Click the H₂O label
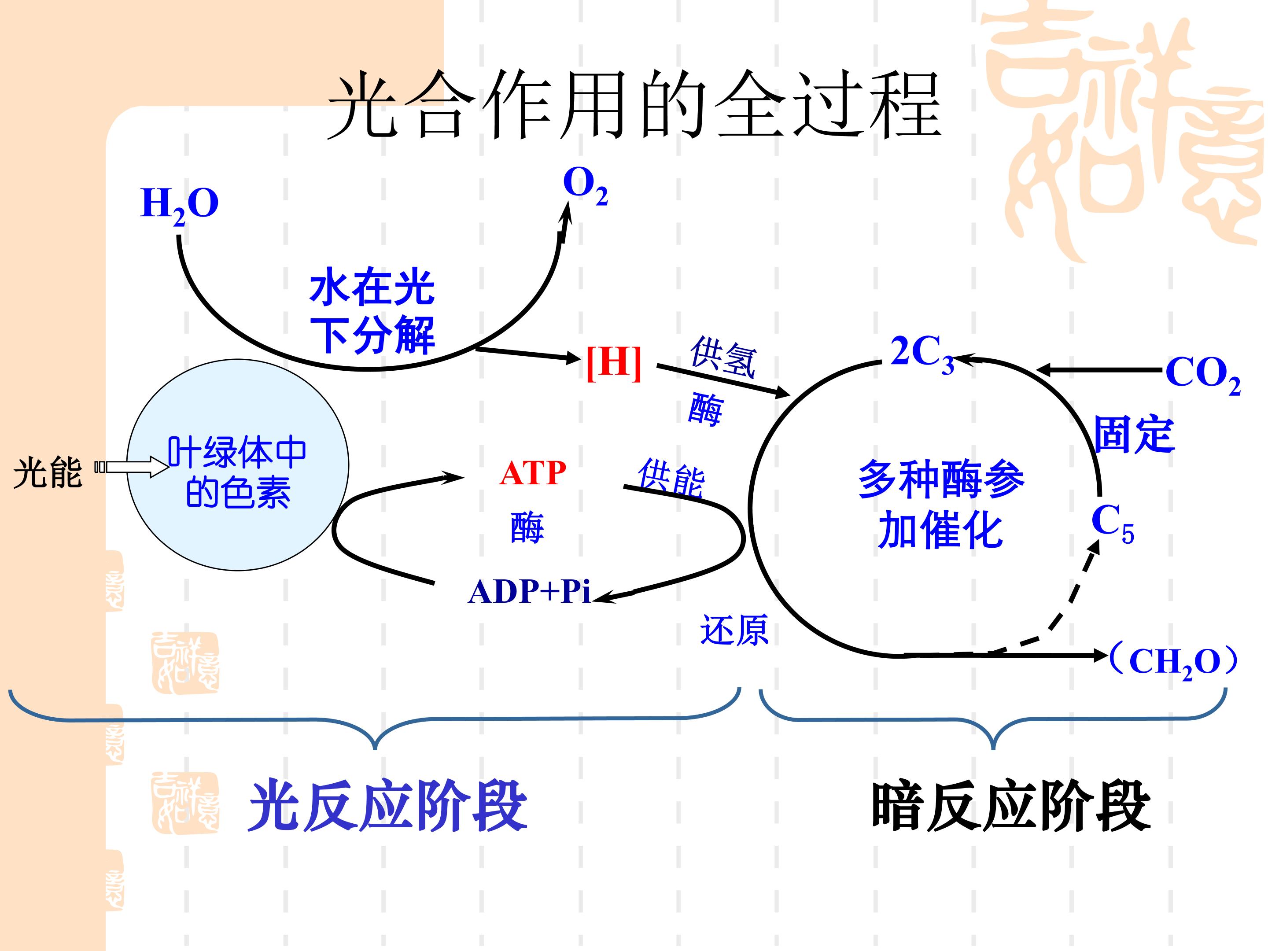point(180,205)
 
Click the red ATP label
point(533,473)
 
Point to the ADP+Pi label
point(529,592)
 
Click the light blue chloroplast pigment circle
point(237,465)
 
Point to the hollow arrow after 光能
point(132,467)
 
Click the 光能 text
point(48,473)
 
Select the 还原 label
point(734,630)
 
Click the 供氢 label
point(724,357)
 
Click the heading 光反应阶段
point(387,805)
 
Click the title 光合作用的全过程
point(634,104)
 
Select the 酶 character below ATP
point(527,527)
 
